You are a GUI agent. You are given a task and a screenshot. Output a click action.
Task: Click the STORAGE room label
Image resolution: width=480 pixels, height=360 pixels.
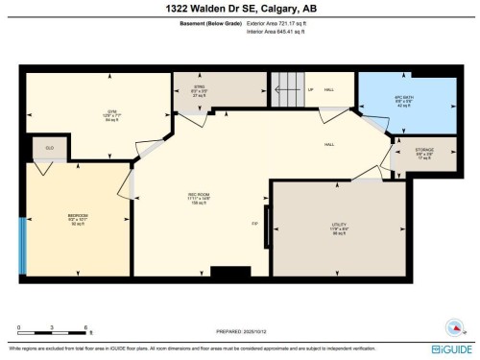pos(423,152)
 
